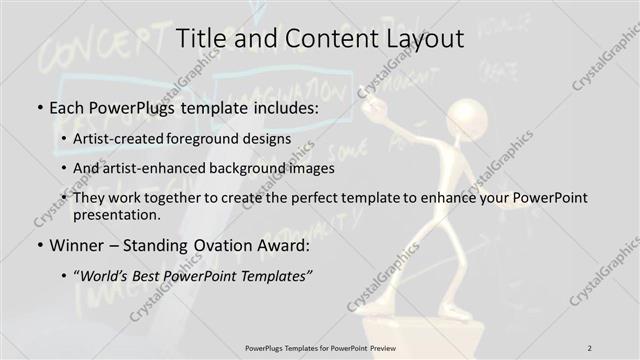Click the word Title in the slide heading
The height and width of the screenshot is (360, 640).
202,39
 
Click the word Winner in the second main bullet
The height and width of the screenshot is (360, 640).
74,244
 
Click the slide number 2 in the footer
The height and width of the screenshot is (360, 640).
590,347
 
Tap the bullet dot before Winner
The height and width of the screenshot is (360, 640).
38,244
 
